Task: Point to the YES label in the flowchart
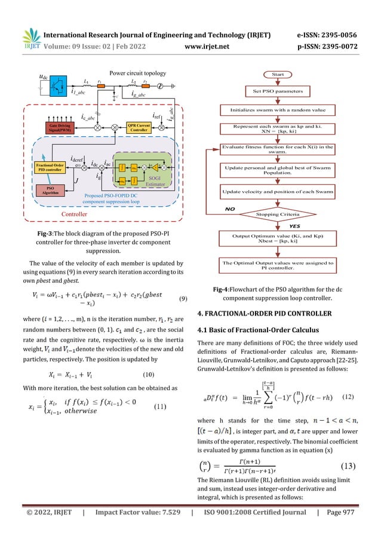pyautogui.click(x=294, y=226)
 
